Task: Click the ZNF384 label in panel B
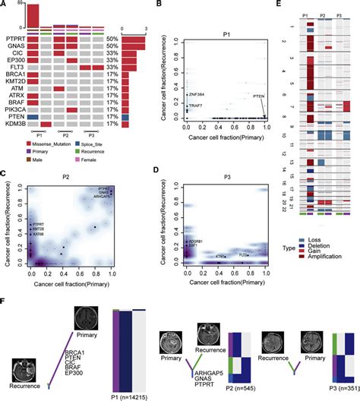click(x=200, y=93)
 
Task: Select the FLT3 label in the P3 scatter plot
click(x=248, y=255)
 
